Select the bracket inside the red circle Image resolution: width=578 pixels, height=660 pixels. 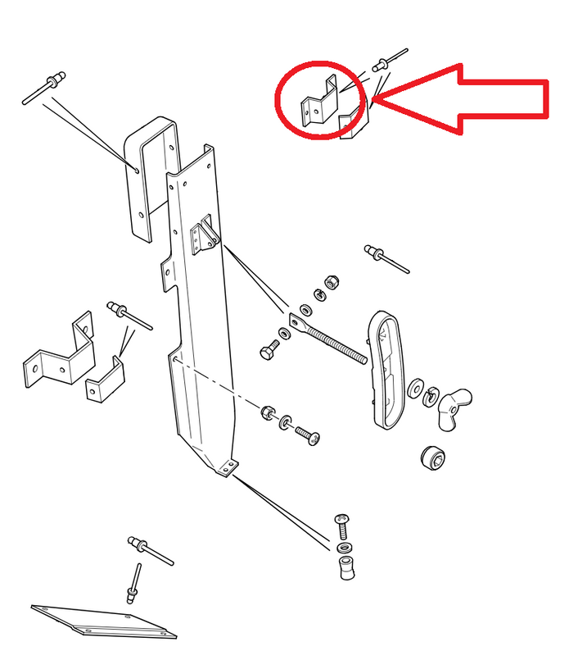(321, 102)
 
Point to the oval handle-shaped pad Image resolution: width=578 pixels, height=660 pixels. (388, 366)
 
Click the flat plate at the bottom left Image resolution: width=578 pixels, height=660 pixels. (102, 621)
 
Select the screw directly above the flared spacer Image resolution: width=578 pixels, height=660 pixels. (343, 524)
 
